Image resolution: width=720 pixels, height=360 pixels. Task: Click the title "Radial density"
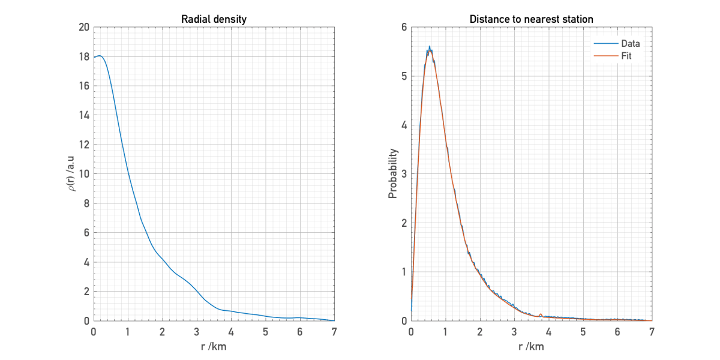point(214,19)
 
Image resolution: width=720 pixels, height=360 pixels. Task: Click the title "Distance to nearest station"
point(531,19)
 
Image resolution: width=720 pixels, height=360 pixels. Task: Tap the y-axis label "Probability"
point(393,174)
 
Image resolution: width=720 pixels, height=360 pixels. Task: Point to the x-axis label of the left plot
point(214,346)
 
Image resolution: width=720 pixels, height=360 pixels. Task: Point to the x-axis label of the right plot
point(531,346)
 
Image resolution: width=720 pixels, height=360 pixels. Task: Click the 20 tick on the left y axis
point(83,28)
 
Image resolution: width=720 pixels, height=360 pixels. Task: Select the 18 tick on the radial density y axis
point(83,57)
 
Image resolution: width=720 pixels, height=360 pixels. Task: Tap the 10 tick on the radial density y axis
point(83,175)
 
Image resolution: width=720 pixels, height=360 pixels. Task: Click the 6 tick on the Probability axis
point(404,28)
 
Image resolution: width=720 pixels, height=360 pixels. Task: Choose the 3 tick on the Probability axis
point(404,175)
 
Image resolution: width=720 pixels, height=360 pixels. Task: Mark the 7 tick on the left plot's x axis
point(334,331)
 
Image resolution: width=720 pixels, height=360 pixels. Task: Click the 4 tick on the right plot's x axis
point(549,331)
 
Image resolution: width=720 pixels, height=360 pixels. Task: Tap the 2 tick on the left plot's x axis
point(162,331)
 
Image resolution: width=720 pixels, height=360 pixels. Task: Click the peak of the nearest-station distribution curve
point(430,47)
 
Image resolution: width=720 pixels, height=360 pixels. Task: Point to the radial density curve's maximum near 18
point(100,56)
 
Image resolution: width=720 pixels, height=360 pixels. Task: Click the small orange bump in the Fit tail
point(541,314)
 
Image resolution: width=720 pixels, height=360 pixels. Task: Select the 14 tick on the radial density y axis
point(83,116)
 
